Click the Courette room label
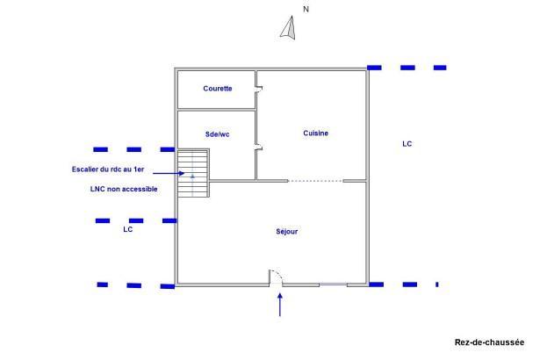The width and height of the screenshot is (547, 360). click(218, 89)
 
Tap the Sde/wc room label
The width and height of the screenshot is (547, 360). click(218, 134)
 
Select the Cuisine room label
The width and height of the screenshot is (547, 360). click(315, 133)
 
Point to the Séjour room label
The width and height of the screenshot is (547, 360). click(287, 231)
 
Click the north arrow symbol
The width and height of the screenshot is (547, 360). click(288, 27)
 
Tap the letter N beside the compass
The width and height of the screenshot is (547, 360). click(306, 10)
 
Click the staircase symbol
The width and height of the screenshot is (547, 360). click(193, 173)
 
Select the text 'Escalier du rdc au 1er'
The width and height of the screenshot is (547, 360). click(108, 169)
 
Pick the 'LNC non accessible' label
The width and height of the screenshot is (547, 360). click(124, 189)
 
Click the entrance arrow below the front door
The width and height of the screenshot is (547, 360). click(280, 305)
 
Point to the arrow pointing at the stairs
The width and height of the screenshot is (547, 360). click(169, 173)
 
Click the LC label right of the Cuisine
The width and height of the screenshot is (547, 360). click(407, 144)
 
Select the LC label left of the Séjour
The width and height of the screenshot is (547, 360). click(127, 229)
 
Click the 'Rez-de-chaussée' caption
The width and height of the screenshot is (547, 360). click(489, 342)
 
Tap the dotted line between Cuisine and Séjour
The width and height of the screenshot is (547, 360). click(315, 181)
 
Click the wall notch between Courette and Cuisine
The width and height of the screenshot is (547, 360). click(258, 89)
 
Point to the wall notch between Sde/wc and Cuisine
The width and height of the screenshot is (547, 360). click(258, 148)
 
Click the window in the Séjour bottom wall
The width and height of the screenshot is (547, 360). click(333, 285)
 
